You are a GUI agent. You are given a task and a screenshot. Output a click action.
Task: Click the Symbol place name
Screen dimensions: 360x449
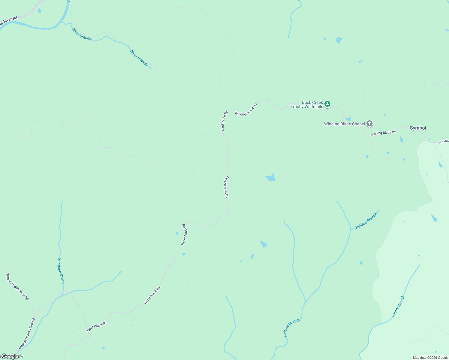pyautogui.click(x=418, y=128)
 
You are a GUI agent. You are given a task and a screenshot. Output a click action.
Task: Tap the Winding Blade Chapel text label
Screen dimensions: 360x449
pyautogui.click(x=344, y=124)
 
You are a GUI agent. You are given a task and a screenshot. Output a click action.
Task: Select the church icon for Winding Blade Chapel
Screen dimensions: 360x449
pyautogui.click(x=369, y=123)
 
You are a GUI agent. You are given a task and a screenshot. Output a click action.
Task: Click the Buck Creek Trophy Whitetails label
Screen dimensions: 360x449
pyautogui.click(x=307, y=104)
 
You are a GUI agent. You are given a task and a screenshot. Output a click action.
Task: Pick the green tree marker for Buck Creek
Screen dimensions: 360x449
pyautogui.click(x=327, y=104)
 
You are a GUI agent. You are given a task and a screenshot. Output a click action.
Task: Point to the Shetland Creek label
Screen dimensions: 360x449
pyautogui.click(x=61, y=271)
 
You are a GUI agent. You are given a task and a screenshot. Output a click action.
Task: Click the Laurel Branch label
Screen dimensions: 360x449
pyautogui.click(x=398, y=306)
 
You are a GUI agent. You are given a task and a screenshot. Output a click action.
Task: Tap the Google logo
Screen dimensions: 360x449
pyautogui.click(x=10, y=356)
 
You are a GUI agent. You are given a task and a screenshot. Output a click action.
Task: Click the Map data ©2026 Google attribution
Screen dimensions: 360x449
pyautogui.click(x=430, y=358)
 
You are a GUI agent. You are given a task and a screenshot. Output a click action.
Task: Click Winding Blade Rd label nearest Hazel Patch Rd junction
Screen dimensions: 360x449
pyautogui.click(x=246, y=110)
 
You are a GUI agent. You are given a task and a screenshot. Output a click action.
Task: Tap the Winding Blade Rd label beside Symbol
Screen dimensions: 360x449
pyautogui.click(x=383, y=133)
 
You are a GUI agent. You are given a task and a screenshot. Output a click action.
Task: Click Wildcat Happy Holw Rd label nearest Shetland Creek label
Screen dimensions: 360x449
pyautogui.click(x=17, y=286)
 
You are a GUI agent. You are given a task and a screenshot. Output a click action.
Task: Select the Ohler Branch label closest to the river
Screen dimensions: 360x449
pyautogui.click(x=81, y=34)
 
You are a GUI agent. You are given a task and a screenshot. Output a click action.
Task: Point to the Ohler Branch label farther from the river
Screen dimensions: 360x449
pyautogui.click(x=139, y=58)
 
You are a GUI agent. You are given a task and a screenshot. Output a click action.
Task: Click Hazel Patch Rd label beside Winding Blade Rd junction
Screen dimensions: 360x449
pyautogui.click(x=224, y=122)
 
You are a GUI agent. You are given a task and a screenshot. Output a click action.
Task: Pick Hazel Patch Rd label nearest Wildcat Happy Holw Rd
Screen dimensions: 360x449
pyautogui.click(x=96, y=327)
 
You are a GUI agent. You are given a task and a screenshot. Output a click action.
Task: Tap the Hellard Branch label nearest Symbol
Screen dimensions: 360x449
pyautogui.click(x=366, y=221)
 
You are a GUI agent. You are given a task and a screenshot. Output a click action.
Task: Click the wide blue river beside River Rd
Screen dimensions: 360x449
pyautogui.click(x=45, y=28)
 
